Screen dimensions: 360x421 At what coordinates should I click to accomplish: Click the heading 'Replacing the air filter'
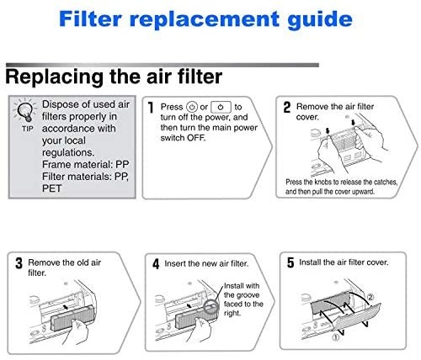pos(115,77)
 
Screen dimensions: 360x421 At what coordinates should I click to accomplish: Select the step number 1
pos(150,108)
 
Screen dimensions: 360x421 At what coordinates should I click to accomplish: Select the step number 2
pos(287,108)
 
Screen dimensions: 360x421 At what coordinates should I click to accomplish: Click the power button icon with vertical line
pos(221,108)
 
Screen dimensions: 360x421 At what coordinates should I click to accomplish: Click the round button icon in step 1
pos(193,108)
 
